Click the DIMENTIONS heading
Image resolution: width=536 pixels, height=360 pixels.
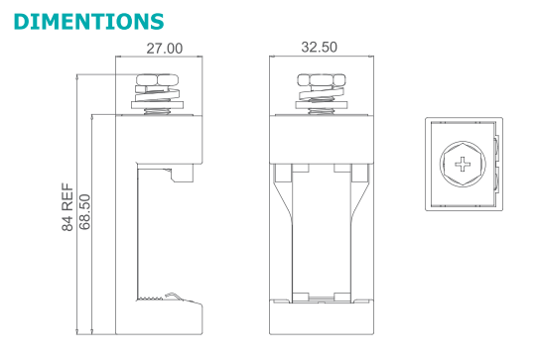pos(89,22)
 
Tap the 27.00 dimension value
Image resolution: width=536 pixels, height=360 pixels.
pos(165,49)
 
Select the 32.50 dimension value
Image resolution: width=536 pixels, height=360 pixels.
pos(319,48)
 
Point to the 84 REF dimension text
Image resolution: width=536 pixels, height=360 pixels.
pos(67,207)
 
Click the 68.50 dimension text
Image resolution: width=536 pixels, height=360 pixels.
pos(84,212)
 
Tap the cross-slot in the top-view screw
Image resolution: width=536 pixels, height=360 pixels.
pos(463,164)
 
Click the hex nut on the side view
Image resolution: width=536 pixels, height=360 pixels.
pos(157,80)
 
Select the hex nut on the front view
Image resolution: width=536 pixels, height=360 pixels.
pos(321,80)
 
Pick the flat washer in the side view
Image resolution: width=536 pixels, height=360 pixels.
pos(157,105)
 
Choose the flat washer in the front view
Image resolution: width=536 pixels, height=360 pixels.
pos(321,105)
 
